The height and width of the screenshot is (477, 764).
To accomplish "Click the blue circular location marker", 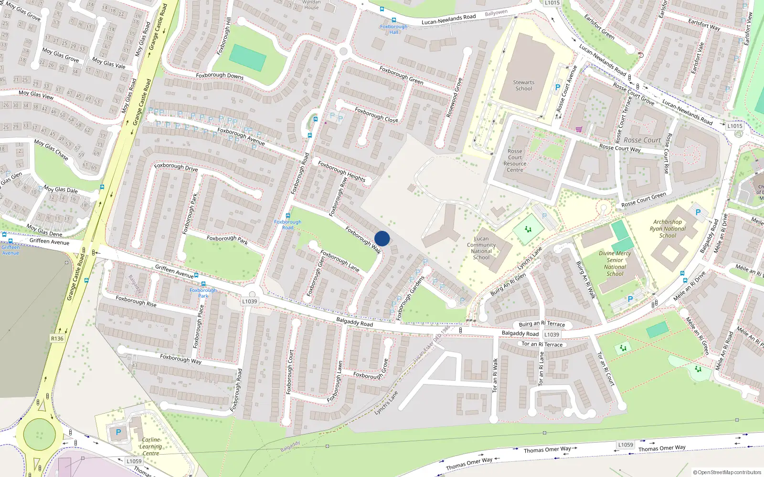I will (x=382, y=238).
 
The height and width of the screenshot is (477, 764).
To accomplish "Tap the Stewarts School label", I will (x=524, y=85).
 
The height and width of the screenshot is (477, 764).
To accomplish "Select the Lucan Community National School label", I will (x=481, y=248).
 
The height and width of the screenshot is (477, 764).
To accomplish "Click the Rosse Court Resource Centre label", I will (x=515, y=160).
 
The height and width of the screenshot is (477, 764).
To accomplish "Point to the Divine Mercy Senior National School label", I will (x=615, y=263).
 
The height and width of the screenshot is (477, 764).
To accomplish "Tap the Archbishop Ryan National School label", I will (x=668, y=228).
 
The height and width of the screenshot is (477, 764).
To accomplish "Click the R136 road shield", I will (x=57, y=339).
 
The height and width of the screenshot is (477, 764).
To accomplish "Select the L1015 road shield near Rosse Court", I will (x=735, y=126).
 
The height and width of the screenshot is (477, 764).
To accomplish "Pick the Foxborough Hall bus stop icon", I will (x=393, y=20).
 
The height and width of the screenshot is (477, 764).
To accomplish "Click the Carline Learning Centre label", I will (x=151, y=446).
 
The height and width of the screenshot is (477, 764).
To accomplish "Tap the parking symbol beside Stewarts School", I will (x=557, y=87).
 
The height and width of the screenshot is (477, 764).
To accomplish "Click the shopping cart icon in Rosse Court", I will (x=579, y=129).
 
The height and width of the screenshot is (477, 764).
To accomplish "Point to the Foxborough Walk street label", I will (x=363, y=240).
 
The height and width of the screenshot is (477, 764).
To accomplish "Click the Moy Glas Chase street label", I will (x=51, y=149).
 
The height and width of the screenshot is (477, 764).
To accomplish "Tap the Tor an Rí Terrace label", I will (x=542, y=344).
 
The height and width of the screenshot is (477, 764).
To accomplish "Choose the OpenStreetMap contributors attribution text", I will (x=727, y=472).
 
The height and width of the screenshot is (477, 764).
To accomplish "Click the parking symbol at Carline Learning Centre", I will (x=118, y=432).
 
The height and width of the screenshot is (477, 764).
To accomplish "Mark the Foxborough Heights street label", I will (x=341, y=171).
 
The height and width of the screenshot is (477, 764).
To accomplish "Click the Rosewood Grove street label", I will (x=454, y=98).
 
